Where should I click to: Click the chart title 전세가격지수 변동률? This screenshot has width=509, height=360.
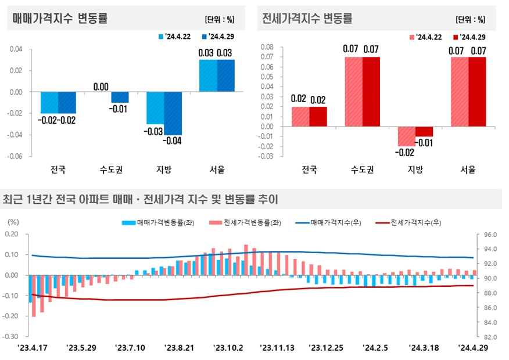(307, 19)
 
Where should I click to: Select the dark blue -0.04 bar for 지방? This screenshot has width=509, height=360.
(173, 113)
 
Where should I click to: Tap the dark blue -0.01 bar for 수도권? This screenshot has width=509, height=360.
(120, 97)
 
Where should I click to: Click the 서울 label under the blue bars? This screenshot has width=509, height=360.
(217, 170)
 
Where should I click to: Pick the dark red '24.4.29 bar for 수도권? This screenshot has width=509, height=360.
(371, 92)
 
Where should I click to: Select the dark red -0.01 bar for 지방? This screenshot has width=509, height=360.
(424, 132)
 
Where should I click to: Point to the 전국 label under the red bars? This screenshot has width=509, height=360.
(309, 170)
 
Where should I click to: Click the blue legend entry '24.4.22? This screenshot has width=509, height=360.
(175, 37)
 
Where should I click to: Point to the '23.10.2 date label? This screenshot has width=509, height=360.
(228, 348)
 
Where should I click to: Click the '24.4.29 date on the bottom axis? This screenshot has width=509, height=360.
(474, 348)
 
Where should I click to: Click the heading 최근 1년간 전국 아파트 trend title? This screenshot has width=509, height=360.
(141, 200)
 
